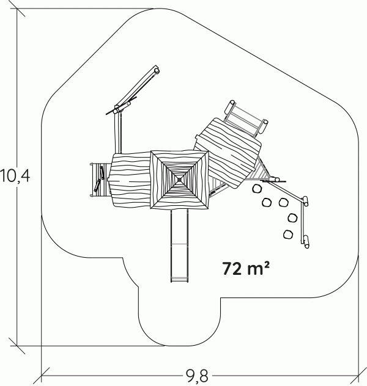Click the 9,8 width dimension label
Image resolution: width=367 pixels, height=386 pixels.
[x=197, y=376]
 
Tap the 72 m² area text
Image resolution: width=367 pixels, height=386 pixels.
[x=246, y=268]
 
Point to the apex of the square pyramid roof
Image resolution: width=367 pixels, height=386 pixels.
[x=179, y=180]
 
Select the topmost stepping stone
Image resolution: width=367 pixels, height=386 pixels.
[x=258, y=189]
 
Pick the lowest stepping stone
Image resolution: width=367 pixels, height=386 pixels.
[x=288, y=235]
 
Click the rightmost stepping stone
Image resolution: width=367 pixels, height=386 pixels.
[x=292, y=218]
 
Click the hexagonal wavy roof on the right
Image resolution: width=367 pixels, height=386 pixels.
[x=228, y=153]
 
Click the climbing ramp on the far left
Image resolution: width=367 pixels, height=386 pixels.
[x=100, y=180]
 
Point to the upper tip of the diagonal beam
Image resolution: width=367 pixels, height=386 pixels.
[x=156, y=68]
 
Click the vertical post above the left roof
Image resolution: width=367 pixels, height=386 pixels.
[x=118, y=132]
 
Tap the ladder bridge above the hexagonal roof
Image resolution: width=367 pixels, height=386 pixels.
[x=247, y=119]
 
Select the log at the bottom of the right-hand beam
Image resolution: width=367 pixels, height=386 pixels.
[x=306, y=241]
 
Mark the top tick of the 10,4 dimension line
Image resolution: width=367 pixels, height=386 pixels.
[x=17, y=9]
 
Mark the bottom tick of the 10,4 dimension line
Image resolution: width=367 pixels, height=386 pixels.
[x=17, y=345]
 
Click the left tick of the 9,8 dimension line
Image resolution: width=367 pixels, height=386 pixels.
[x=41, y=376]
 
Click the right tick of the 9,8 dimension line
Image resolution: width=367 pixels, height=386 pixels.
[x=358, y=376]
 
